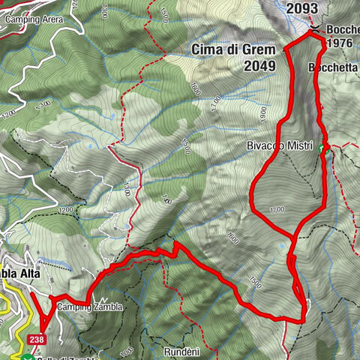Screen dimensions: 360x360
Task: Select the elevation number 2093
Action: (304, 8)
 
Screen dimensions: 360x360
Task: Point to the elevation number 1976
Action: (339, 43)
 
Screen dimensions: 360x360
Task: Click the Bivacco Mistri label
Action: (281, 146)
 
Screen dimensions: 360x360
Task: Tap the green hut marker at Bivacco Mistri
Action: (322, 148)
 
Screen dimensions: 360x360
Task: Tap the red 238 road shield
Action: (37, 340)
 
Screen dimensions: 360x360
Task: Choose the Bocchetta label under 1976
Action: (333, 66)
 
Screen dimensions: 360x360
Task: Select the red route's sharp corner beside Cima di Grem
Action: (285, 49)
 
